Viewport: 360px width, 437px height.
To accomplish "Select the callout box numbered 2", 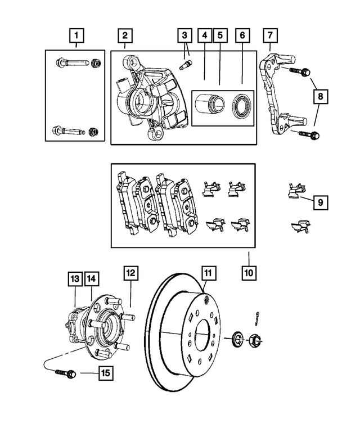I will (125, 37).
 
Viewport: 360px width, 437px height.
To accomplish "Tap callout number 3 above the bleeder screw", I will (184, 37).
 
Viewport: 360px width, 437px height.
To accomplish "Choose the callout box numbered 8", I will (319, 96).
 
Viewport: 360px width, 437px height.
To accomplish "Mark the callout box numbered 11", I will (208, 273).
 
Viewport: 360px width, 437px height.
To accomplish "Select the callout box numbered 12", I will (130, 273).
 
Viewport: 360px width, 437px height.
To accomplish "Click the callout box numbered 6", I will (243, 37).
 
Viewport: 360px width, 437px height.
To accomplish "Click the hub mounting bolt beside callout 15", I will (62, 372).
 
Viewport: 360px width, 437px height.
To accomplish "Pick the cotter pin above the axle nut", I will (256, 317).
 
